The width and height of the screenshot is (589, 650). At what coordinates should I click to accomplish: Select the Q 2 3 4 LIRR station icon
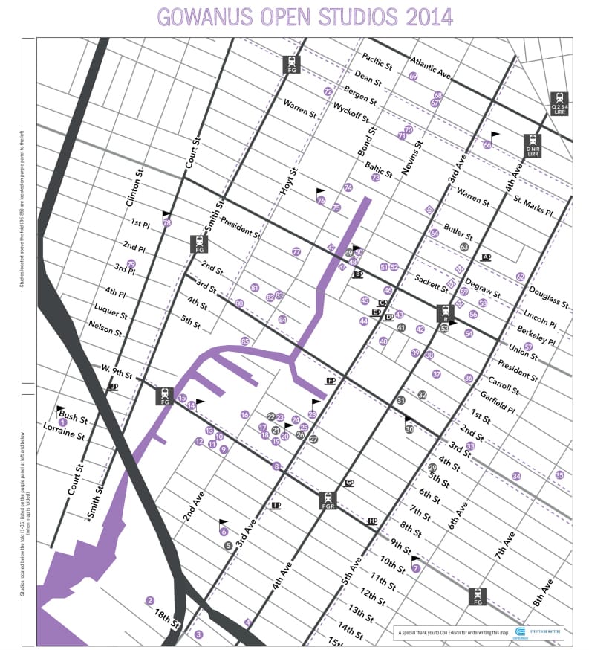(559, 101)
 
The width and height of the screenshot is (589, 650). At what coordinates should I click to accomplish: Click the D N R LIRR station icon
(532, 143)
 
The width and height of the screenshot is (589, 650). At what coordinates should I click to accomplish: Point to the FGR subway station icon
(328, 501)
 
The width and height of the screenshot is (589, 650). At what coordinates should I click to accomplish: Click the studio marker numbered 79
(131, 264)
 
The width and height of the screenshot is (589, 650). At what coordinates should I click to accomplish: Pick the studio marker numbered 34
(516, 476)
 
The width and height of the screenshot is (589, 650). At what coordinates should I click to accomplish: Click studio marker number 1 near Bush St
(63, 422)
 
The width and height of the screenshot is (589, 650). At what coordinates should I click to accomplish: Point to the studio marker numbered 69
(413, 77)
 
